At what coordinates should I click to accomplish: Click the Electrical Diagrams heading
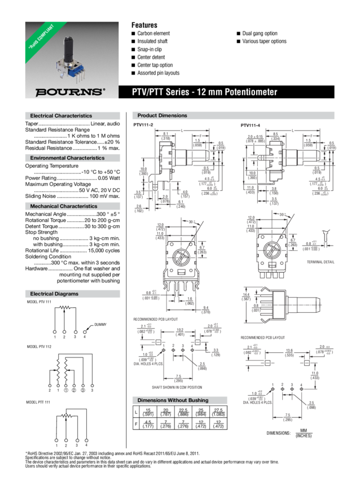click(54, 294)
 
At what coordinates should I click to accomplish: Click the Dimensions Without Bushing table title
click(173, 400)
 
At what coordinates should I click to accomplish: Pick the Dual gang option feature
click(260, 34)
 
